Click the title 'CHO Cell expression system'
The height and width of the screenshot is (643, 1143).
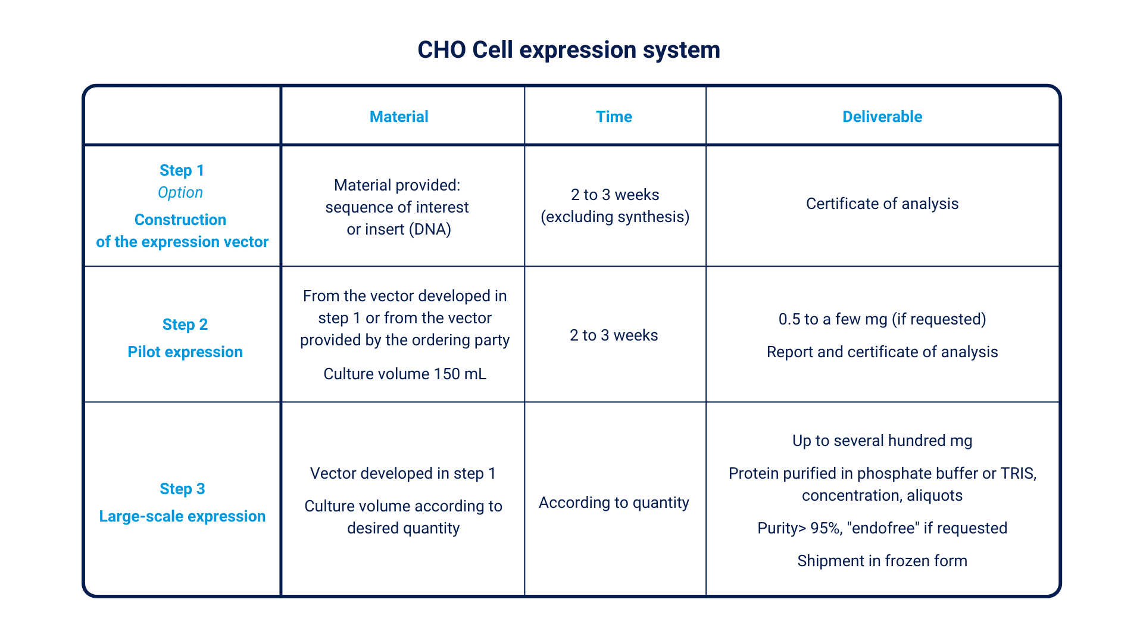click(569, 50)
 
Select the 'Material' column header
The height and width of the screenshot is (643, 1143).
click(399, 117)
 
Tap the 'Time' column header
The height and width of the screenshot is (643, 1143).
click(614, 117)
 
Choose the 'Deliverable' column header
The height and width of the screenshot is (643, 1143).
click(882, 117)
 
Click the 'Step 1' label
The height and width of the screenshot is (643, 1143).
click(182, 170)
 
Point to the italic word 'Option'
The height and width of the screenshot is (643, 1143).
click(180, 193)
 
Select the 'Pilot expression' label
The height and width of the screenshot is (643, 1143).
click(185, 352)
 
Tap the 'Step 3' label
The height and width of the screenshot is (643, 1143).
click(182, 489)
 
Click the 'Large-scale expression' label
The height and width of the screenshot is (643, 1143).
click(182, 517)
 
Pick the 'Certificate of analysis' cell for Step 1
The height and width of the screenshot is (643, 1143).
click(882, 204)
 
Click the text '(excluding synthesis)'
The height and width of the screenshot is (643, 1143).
click(615, 217)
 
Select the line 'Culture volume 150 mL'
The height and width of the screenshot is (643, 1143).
click(405, 374)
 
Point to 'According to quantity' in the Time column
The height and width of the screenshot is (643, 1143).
click(614, 503)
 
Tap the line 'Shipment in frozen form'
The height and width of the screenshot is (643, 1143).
click(882, 561)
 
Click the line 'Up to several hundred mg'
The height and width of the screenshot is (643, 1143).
click(882, 441)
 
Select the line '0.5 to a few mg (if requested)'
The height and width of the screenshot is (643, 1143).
click(882, 320)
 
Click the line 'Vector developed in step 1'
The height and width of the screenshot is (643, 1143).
click(403, 473)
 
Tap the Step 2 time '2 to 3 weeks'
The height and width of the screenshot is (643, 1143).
click(614, 335)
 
